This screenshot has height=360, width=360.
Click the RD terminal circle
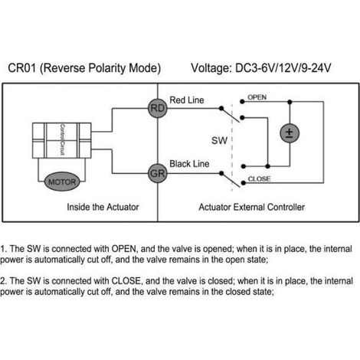click(x=158, y=108)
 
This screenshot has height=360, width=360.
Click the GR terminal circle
click(x=158, y=174)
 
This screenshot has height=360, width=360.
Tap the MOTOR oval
click(x=62, y=182)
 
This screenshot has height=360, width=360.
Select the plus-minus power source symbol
click(x=290, y=133)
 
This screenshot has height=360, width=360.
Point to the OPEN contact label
click(x=257, y=97)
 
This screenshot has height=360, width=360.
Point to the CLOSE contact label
click(x=259, y=178)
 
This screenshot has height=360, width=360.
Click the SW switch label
click(x=219, y=140)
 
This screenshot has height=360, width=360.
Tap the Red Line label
click(x=187, y=100)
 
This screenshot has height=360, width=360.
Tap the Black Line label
click(x=189, y=164)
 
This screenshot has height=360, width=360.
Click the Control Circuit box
click(x=62, y=141)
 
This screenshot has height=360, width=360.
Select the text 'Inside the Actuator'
click(x=103, y=207)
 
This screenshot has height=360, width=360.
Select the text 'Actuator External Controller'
click(x=252, y=207)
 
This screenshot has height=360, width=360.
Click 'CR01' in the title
click(x=22, y=68)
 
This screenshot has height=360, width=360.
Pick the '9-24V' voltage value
click(x=316, y=68)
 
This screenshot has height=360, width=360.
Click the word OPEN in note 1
click(x=125, y=249)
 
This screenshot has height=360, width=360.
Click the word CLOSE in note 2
click(x=126, y=281)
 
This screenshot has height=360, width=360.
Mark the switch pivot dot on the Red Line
click(x=221, y=108)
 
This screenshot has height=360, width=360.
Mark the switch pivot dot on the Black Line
click(x=221, y=174)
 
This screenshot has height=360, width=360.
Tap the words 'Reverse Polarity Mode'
click(x=100, y=68)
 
